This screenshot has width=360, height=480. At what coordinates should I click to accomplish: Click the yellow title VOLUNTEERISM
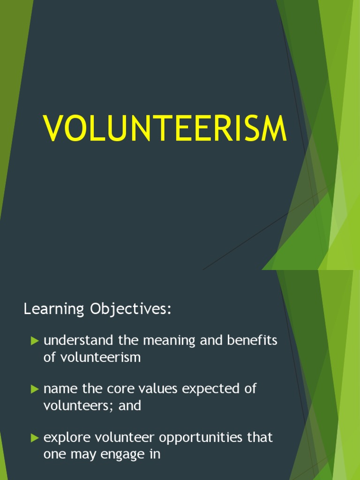165,128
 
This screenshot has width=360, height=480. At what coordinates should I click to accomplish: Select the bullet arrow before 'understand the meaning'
35,341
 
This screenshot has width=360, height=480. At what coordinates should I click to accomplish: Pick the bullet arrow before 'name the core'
35,389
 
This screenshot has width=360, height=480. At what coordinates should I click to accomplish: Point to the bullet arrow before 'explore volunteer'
35,438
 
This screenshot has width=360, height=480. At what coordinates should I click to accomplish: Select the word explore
67,438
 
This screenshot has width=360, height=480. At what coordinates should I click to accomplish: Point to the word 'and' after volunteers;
130,405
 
